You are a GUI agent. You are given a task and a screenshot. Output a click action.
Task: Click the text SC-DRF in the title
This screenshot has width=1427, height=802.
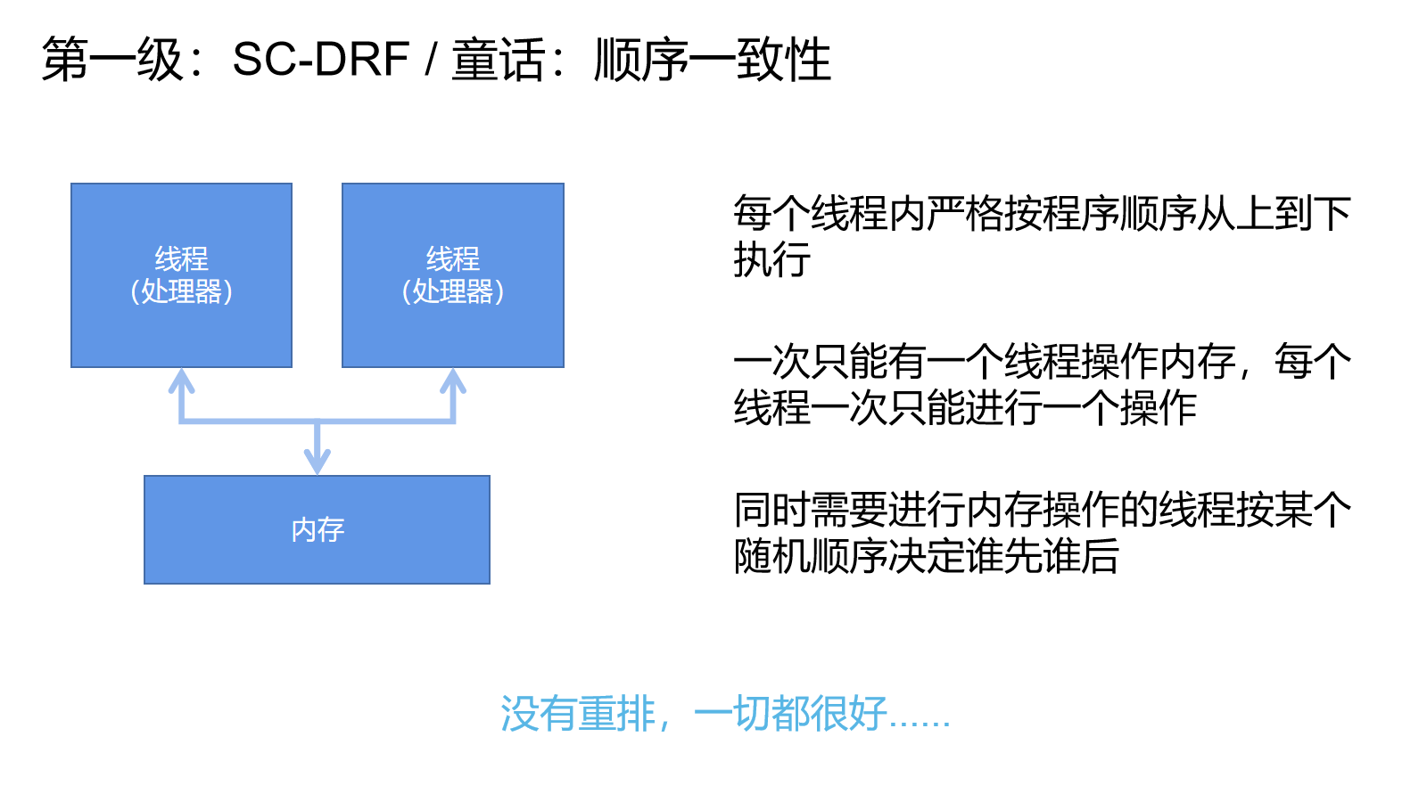tap(321, 59)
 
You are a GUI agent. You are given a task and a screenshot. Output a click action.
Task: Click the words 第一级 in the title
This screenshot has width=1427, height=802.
tap(112, 59)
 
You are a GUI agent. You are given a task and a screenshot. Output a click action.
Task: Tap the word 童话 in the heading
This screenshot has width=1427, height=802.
tap(499, 59)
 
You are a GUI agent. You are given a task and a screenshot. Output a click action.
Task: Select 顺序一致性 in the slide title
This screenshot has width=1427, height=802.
tap(713, 59)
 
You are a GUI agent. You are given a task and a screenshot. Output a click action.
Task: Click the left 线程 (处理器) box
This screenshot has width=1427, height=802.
tap(182, 275)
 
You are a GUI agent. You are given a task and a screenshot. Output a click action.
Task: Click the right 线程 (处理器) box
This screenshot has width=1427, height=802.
tap(453, 275)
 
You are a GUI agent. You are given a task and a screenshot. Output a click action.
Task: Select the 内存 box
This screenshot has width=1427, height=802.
tap(318, 529)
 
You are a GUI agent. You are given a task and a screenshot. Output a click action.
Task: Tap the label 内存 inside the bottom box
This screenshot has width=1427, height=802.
tap(318, 529)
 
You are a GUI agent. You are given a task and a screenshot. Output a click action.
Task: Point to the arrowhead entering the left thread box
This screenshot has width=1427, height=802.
tap(182, 380)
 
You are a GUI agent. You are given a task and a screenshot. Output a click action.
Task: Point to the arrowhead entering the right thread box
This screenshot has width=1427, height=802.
tap(453, 380)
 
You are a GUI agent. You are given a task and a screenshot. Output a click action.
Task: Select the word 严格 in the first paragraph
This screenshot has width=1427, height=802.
tap(965, 213)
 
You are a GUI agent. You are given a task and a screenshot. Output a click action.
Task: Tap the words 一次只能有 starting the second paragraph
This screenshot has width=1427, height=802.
tap(829, 362)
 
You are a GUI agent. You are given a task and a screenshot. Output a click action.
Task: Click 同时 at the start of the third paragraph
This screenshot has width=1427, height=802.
tap(772, 510)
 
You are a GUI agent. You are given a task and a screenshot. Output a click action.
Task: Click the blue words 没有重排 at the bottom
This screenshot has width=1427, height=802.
tap(579, 714)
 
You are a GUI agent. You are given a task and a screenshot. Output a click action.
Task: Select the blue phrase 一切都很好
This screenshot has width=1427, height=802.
tap(790, 714)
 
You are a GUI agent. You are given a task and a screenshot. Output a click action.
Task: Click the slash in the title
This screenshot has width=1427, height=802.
tap(431, 59)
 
